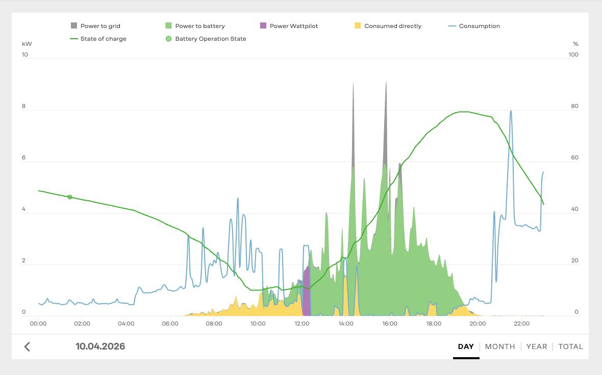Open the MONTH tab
click(499, 346)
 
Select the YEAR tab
click(536, 346)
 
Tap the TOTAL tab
click(570, 346)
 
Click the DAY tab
click(466, 346)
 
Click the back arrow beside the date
click(27, 347)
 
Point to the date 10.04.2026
click(100, 346)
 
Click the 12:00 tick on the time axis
click(302, 324)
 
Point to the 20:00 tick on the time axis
click(478, 324)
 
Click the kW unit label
click(27, 44)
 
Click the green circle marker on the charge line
click(70, 197)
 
